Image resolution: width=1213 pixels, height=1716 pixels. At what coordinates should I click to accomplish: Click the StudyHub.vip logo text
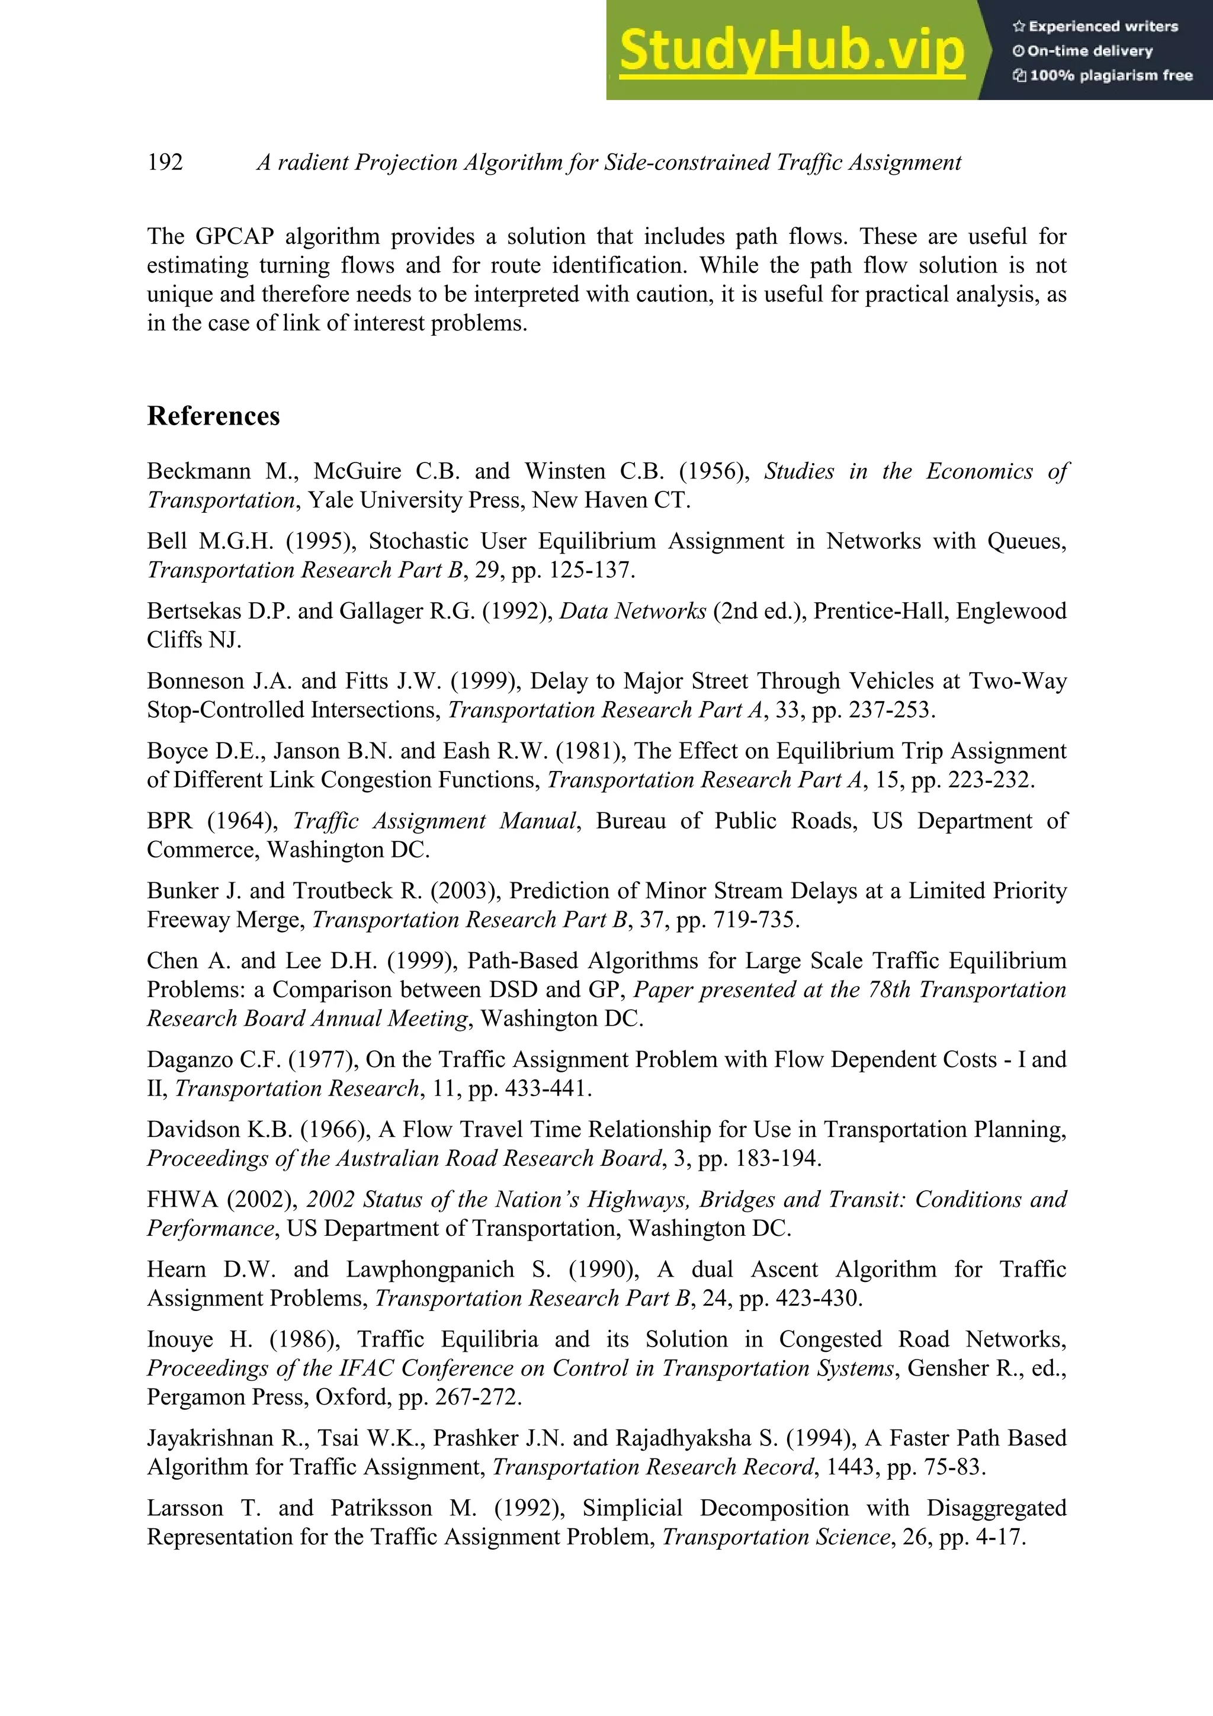pos(791,51)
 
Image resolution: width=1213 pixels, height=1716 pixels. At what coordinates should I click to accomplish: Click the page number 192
pos(165,162)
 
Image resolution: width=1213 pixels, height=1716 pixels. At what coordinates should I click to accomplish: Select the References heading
pos(213,416)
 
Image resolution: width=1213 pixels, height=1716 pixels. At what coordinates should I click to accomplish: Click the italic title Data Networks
pos(633,611)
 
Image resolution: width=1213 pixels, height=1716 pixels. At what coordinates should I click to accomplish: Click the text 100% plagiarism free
pos(1110,75)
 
